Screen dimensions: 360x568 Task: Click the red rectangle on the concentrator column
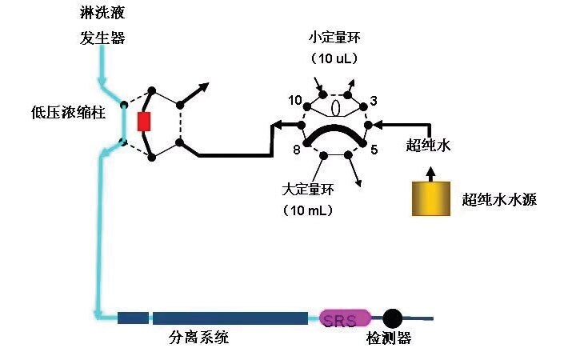coord(144,121)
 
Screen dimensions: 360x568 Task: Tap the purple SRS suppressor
coord(345,318)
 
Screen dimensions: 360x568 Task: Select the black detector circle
coord(392,318)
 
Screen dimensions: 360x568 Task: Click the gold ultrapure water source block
coord(430,198)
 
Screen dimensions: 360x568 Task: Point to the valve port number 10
coord(295,100)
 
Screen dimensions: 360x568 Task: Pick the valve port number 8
coord(295,149)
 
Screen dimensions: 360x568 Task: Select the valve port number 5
coord(374,149)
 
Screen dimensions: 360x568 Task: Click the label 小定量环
coord(334,38)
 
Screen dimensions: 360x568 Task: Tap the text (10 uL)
coord(334,58)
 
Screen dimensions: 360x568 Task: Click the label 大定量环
coord(308,190)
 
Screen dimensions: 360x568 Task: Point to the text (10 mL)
coord(308,210)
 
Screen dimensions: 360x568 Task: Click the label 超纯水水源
coord(499,199)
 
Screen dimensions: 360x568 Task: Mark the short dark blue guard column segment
coord(132,318)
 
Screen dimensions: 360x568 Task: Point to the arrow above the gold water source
coord(430,171)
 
